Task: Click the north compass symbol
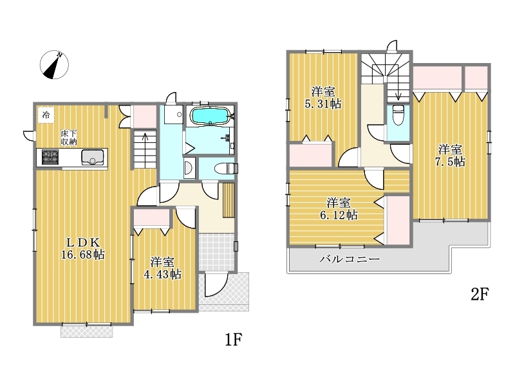54,65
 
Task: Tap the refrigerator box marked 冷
46,115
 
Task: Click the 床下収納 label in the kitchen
69,138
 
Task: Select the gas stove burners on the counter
50,157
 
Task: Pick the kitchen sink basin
93,157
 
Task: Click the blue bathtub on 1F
210,116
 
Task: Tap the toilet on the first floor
226,169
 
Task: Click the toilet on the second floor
398,115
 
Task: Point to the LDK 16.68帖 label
83,248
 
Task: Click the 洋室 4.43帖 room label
163,268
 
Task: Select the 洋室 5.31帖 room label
323,98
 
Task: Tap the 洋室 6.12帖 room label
339,208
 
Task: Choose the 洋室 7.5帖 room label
450,156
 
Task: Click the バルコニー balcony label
350,259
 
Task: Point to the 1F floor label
234,340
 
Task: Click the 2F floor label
480,294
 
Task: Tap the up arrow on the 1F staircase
145,149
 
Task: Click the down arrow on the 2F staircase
398,87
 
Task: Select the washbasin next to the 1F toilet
189,168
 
